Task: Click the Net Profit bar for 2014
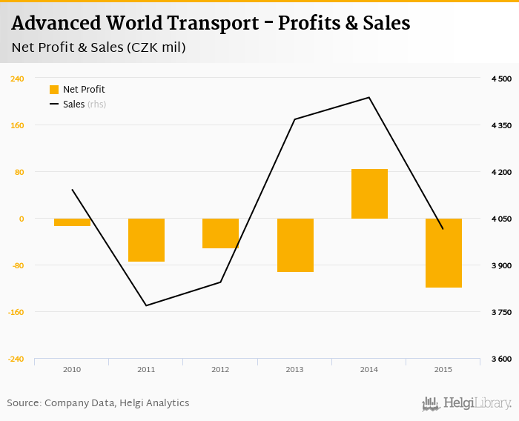pos(369,194)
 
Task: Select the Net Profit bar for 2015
pos(443,253)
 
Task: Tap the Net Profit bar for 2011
pos(146,240)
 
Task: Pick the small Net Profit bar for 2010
pos(72,222)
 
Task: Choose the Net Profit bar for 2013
pos(295,245)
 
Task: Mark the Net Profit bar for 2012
pos(220,233)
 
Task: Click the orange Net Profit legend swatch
pos(54,90)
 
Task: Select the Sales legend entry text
pos(73,105)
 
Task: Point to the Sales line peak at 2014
pos(369,98)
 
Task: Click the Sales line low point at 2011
pos(146,305)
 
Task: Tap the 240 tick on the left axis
pos(16,79)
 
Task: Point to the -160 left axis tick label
pos(16,312)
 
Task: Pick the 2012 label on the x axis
pos(220,369)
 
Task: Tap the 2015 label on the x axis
pos(443,369)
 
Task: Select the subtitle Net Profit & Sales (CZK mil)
pos(99,48)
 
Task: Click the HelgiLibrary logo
pos(467,403)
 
